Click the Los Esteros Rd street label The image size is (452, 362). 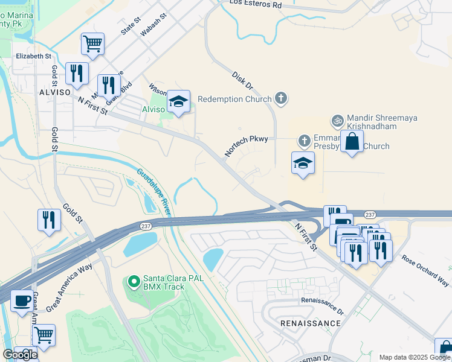pos(256,4)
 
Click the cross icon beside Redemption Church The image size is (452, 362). pos(280,98)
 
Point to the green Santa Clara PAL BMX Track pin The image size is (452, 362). pos(135,281)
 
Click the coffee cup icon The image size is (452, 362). pos(22,300)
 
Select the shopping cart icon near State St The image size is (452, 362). pos(92,43)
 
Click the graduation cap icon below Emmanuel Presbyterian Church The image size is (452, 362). pos(303,163)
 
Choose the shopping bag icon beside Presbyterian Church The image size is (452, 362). pos(352,142)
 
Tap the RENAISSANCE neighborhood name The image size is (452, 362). pos(311,323)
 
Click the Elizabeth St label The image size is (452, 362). pos(33,56)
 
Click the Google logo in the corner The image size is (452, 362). pos(20,355)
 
